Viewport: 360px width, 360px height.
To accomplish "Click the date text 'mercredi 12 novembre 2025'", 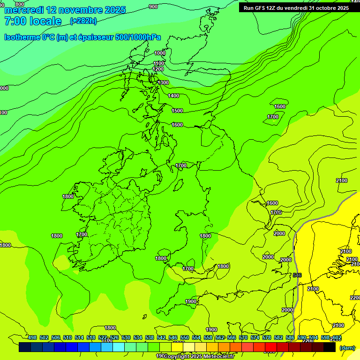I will click(65, 10).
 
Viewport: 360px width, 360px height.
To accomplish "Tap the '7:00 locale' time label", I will click(33, 21).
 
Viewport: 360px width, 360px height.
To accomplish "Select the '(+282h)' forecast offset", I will click(83, 21).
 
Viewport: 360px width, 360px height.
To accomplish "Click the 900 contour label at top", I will click(153, 7).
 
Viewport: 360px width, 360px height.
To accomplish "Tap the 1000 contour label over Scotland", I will click(160, 53).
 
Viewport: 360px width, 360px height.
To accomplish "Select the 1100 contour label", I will click(159, 63).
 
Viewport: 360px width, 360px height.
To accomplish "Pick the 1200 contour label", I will click(158, 69).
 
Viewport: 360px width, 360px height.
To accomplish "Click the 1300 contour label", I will click(163, 82).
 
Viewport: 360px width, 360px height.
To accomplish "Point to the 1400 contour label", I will click(173, 96).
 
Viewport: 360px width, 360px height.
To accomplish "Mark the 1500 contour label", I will click(177, 111).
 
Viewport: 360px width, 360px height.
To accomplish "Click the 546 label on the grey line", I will click(297, 275).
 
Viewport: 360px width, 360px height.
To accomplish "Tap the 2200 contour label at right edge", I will click(355, 298).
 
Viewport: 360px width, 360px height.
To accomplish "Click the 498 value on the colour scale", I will click(32, 337).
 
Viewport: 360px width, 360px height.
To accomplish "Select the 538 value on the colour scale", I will click(150, 337).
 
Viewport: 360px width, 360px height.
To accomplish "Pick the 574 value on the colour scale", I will click(255, 337).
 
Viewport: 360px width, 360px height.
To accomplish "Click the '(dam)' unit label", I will click(347, 348).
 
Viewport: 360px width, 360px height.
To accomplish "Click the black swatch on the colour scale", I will click(330, 347).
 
